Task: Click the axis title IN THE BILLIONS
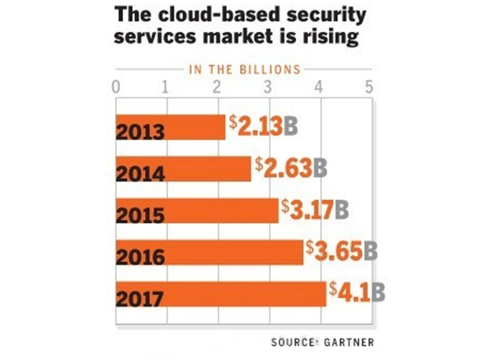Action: pos(244,69)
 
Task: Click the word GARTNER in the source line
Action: pos(348,342)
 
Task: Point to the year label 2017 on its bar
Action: pos(141,298)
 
